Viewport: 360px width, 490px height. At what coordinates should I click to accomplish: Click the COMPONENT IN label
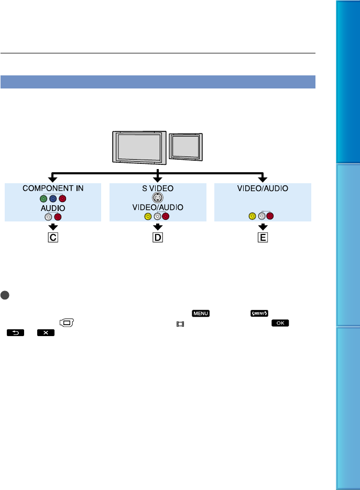click(x=53, y=188)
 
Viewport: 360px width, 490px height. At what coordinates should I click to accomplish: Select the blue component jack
click(x=53, y=198)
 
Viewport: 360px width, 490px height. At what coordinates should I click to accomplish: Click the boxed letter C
click(x=53, y=237)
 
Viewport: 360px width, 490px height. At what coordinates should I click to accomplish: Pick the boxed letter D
click(x=158, y=237)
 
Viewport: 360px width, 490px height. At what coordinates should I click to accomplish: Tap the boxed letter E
click(x=263, y=237)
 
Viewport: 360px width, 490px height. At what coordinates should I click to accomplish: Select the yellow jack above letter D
click(x=148, y=216)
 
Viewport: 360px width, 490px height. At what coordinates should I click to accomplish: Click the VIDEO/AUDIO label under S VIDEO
click(x=158, y=207)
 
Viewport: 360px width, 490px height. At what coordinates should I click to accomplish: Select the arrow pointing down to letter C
click(x=53, y=227)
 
